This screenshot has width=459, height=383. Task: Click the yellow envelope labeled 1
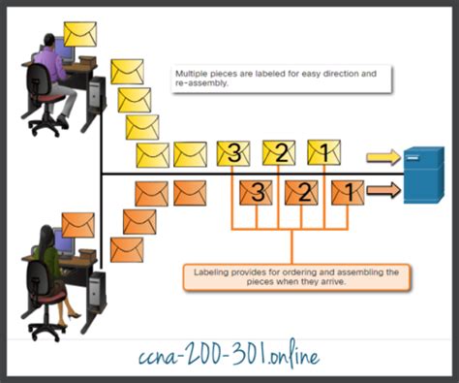pyautogui.click(x=323, y=152)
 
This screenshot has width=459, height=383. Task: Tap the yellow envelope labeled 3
pyautogui.click(x=233, y=152)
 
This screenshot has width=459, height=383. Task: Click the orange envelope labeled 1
pyautogui.click(x=347, y=192)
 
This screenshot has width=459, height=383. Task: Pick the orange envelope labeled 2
pyautogui.click(x=302, y=192)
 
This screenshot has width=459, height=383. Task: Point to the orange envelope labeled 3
pyautogui.click(x=257, y=192)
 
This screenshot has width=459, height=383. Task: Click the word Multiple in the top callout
pyautogui.click(x=192, y=73)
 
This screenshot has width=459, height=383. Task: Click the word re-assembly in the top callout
pyautogui.click(x=199, y=82)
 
